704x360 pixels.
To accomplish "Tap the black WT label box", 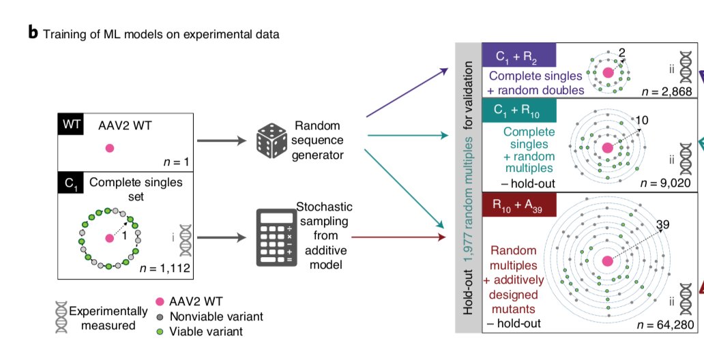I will (70, 125).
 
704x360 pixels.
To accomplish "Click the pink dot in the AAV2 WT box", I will (109, 148).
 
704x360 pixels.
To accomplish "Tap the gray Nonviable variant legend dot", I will (160, 317).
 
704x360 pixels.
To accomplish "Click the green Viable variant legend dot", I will (160, 331).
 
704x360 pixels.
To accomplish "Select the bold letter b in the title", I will (33, 33).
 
